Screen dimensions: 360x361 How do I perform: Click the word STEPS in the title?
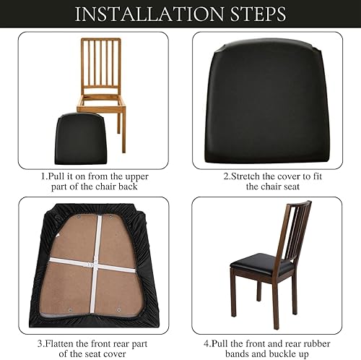pos(252,14)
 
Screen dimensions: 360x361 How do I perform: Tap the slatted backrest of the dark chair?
pos(294,231)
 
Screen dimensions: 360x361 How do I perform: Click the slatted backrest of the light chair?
pos(101,65)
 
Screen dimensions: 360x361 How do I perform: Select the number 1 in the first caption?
pos(41,175)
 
